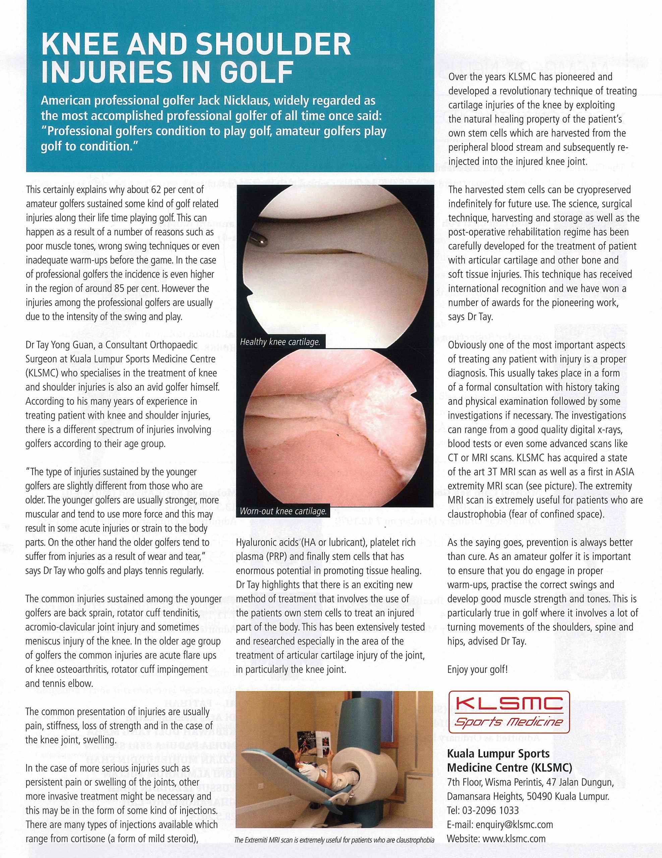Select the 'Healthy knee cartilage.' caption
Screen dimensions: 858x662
click(280, 342)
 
